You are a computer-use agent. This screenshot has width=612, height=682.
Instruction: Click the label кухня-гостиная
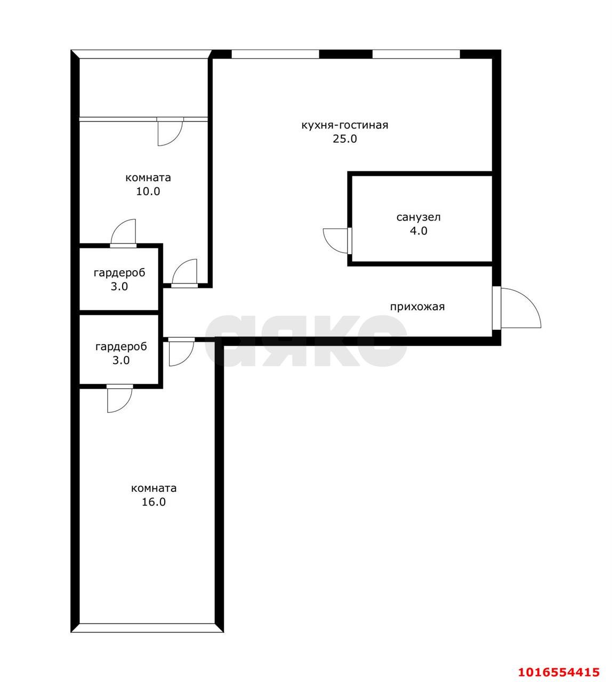pos(344,125)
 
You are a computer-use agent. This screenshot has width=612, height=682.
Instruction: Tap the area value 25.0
pos(344,139)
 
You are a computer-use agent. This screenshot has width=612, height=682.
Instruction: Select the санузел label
pos(418,217)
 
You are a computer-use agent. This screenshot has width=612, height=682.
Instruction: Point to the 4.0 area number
pos(418,231)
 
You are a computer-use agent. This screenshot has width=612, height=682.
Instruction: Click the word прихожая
pos(417,307)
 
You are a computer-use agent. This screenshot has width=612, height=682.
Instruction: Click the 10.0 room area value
pos(148,191)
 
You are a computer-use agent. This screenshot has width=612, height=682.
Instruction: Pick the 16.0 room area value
pos(154,502)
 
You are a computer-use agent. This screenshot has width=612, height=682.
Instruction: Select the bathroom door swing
pos(337,241)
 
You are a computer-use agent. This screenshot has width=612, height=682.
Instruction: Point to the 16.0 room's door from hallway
pos(181,352)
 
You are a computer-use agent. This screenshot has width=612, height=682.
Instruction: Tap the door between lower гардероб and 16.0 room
pos(120,399)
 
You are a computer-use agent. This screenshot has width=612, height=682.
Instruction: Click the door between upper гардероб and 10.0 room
pos(124,233)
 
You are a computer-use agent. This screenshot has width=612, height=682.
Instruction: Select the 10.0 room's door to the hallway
pos(184,273)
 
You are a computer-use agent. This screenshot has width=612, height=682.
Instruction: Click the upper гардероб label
pos(119,273)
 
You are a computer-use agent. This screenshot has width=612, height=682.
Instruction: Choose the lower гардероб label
pos(121,347)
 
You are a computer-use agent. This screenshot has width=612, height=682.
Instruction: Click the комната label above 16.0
pos(154,488)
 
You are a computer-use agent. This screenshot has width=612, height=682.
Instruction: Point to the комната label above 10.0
pos(148,177)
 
